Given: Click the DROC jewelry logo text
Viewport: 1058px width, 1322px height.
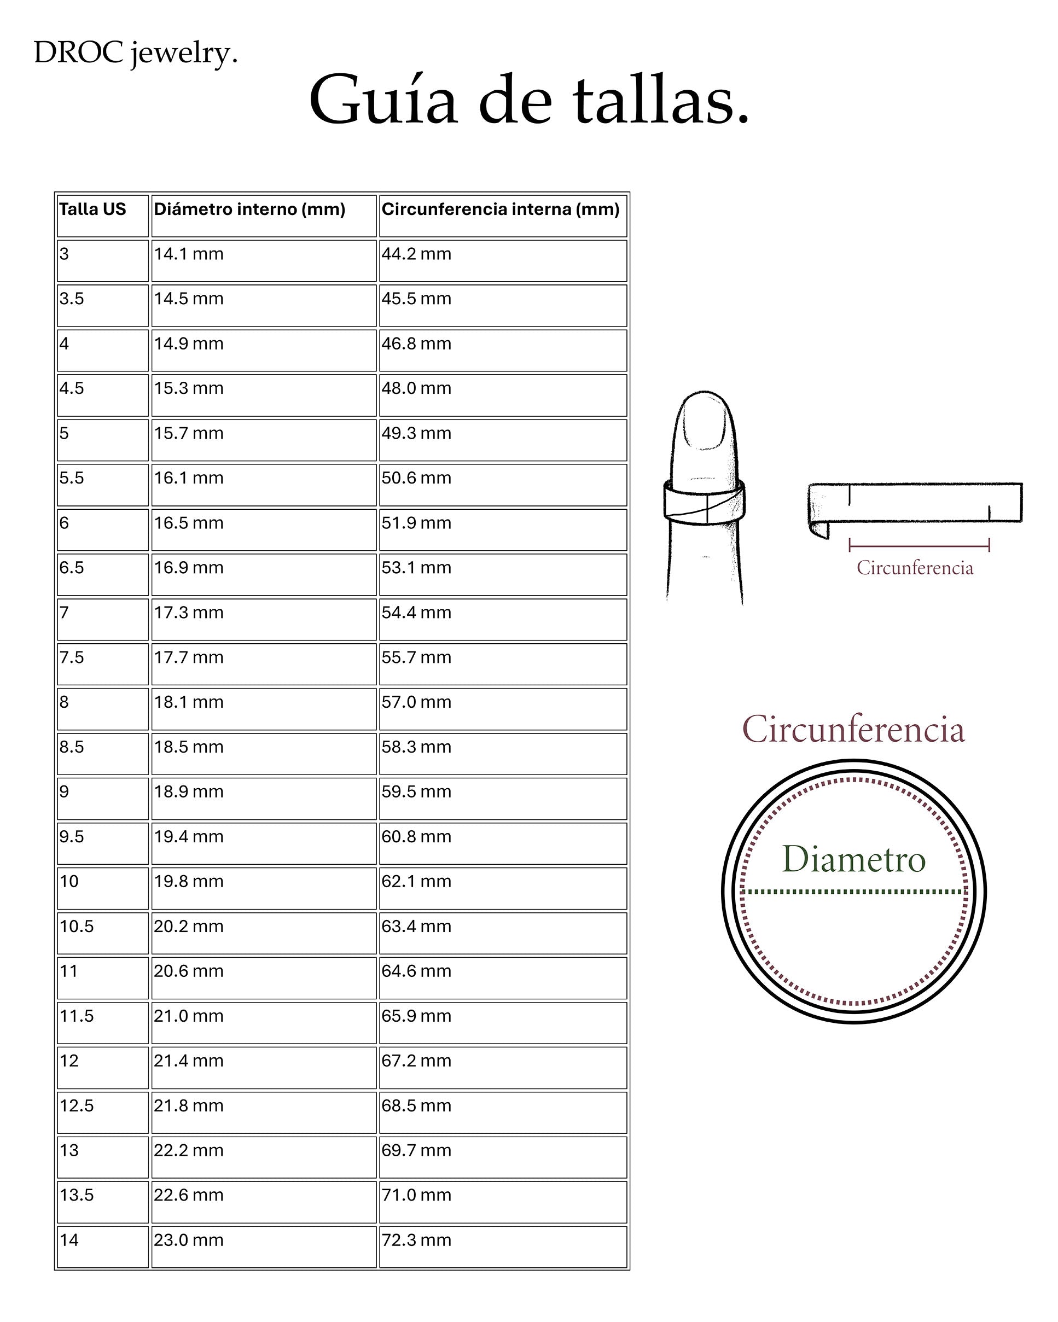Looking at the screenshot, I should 135,53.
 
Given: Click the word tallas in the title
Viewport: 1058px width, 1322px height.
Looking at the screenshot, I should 660,100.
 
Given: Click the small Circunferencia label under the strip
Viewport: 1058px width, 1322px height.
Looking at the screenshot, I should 915,568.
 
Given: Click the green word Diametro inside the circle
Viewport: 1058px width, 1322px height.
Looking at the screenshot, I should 853,859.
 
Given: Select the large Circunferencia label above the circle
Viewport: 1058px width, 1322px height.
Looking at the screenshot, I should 853,730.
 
